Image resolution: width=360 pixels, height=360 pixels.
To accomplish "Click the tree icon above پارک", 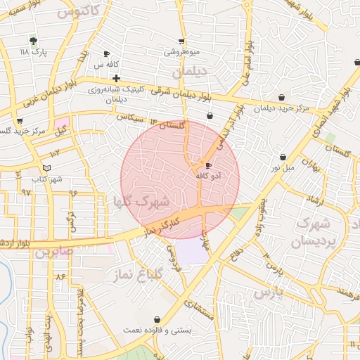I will coord(32,40).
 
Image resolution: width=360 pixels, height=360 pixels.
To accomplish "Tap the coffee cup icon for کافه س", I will coord(106,53).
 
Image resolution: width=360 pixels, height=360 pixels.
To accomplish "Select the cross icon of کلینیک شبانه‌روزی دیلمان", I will coord(116,78).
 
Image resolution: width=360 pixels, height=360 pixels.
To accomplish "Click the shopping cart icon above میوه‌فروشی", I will coord(182,41).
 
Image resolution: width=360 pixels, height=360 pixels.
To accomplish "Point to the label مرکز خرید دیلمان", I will coord(281,108).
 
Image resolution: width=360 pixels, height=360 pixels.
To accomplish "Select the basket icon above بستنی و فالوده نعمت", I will coord(156,319).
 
